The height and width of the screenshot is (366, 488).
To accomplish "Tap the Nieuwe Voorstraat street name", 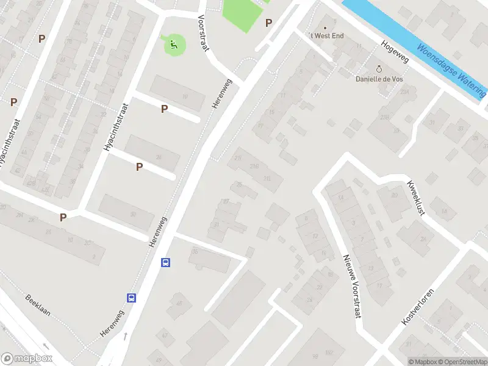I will point(353,286).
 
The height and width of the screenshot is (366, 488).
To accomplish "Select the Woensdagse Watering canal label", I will point(451,71).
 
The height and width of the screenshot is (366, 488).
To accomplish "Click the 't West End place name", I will point(327,36).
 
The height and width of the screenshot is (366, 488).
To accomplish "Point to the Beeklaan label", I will point(37,305).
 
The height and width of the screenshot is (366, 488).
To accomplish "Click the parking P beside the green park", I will point(268,23).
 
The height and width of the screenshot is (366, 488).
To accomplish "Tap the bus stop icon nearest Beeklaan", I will point(131,298).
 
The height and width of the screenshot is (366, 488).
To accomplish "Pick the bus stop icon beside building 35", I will point(165,262).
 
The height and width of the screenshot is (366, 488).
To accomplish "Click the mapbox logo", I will point(26,359).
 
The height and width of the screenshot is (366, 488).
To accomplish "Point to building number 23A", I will point(403,91).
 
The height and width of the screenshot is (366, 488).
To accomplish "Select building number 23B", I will point(385,117).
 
